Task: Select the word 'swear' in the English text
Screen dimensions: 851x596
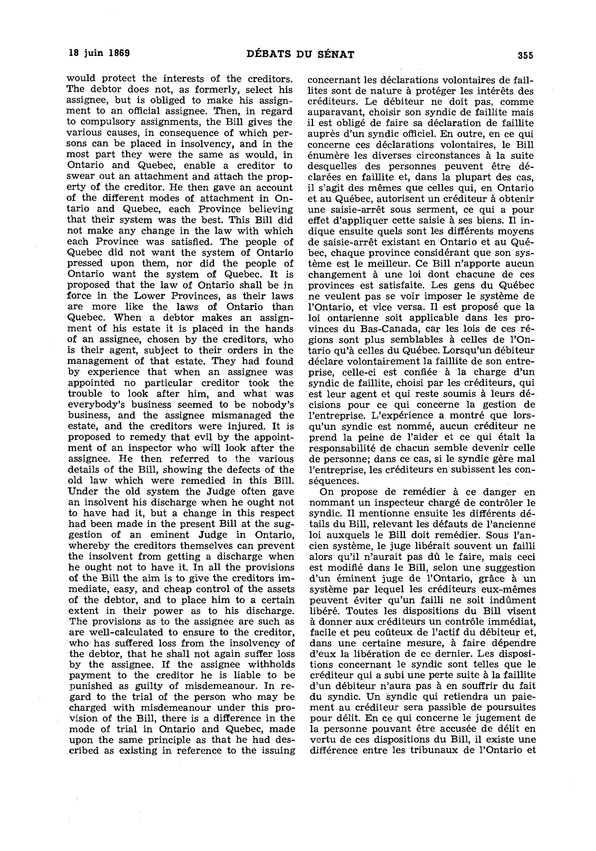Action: [x=78, y=176]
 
